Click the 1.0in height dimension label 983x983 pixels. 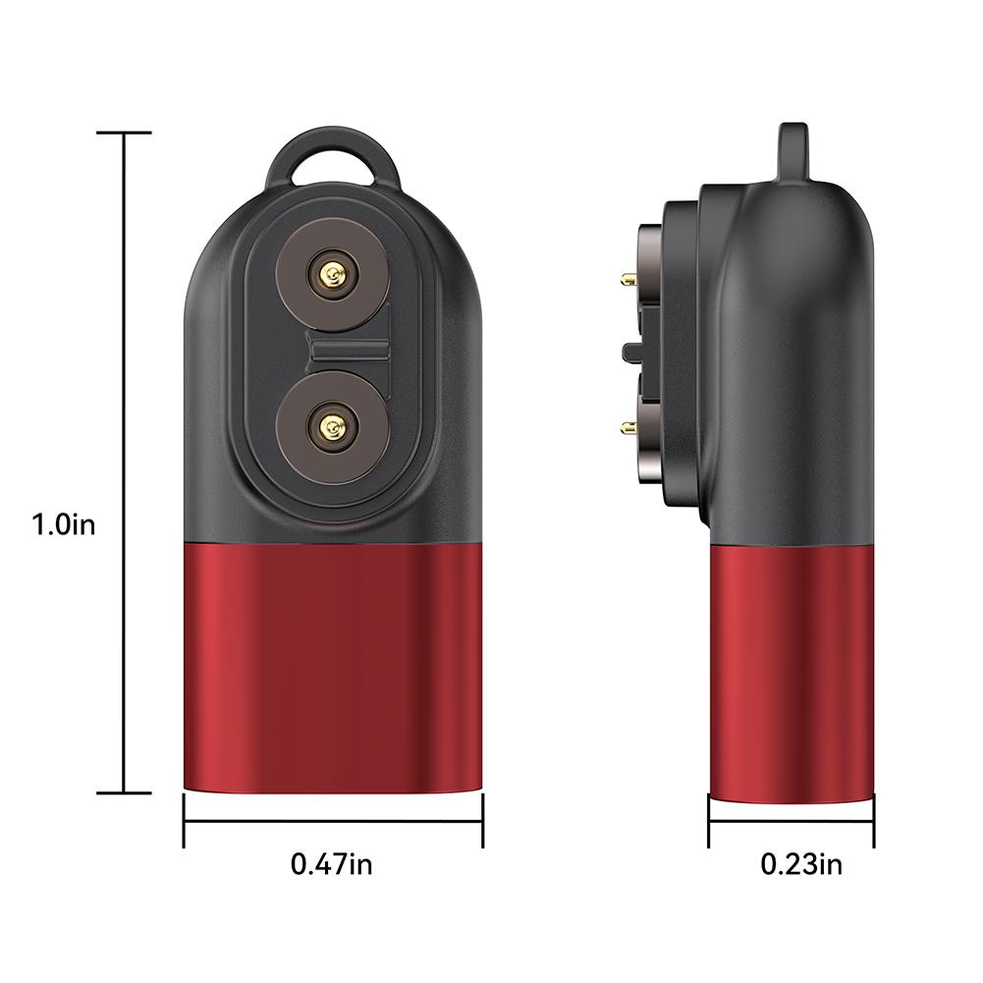(x=63, y=524)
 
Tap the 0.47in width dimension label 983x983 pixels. (x=331, y=864)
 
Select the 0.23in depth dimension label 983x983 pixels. (x=801, y=864)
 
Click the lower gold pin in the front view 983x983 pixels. (x=331, y=427)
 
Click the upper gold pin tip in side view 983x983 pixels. (x=627, y=280)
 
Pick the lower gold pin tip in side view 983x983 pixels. (x=627, y=426)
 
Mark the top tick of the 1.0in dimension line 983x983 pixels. (x=124, y=133)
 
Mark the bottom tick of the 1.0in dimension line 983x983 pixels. (x=124, y=792)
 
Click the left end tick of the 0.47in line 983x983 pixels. (x=185, y=820)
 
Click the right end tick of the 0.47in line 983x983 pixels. (x=482, y=820)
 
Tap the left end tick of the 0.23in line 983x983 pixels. (x=709, y=820)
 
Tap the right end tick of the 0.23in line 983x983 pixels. (x=873, y=820)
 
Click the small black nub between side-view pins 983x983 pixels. (x=627, y=351)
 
